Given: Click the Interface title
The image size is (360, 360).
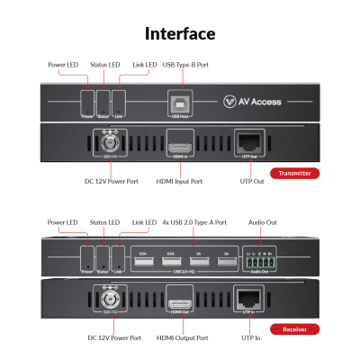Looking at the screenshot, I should tap(180, 34).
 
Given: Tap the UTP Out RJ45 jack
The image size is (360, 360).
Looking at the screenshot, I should tap(247, 143).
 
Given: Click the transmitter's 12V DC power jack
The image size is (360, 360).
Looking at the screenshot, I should tap(112, 144).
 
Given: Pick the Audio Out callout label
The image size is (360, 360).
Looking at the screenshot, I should tap(263, 222).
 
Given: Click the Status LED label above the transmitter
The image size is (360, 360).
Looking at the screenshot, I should tap(105, 65).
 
